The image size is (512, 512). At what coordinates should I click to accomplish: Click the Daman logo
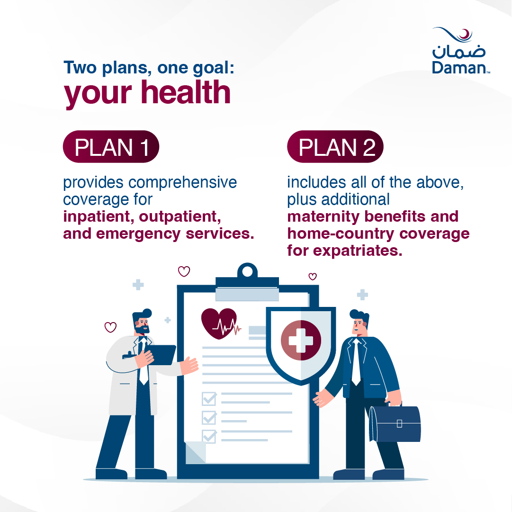(x=461, y=51)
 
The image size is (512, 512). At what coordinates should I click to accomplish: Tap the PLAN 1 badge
(x=111, y=147)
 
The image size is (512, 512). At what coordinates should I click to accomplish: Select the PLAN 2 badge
(x=335, y=147)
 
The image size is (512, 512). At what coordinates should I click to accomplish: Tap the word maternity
(x=323, y=217)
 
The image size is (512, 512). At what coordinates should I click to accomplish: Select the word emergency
(x=138, y=234)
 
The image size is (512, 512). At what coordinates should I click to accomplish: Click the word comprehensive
(x=182, y=182)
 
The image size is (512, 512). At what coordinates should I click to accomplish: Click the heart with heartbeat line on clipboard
(x=219, y=323)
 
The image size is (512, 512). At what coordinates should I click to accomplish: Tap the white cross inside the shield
(x=301, y=341)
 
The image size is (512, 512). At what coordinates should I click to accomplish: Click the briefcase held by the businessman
(x=395, y=423)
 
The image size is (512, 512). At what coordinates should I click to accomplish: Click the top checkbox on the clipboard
(x=209, y=399)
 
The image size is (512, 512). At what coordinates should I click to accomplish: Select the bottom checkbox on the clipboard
(x=209, y=436)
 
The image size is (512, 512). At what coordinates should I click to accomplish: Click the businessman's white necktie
(x=356, y=362)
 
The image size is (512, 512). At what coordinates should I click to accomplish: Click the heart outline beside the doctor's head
(x=110, y=327)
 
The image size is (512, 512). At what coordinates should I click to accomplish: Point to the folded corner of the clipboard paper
(x=195, y=452)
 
